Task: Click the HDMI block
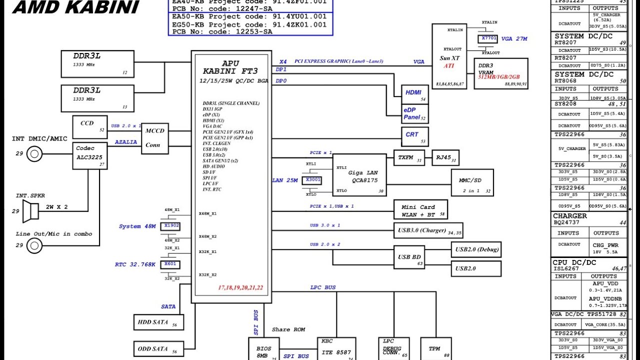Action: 415,94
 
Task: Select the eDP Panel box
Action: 415,113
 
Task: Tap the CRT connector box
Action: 415,136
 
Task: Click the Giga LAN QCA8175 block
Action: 360,175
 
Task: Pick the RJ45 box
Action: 444,157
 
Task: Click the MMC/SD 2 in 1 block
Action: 471,182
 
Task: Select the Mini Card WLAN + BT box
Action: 420,210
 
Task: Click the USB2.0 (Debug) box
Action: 475,249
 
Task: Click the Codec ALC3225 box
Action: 90,155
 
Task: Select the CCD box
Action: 89,127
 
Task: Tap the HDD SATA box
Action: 158,322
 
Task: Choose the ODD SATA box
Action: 158,349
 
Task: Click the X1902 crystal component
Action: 171,226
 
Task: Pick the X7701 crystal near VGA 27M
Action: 488,38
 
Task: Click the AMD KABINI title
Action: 75,7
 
